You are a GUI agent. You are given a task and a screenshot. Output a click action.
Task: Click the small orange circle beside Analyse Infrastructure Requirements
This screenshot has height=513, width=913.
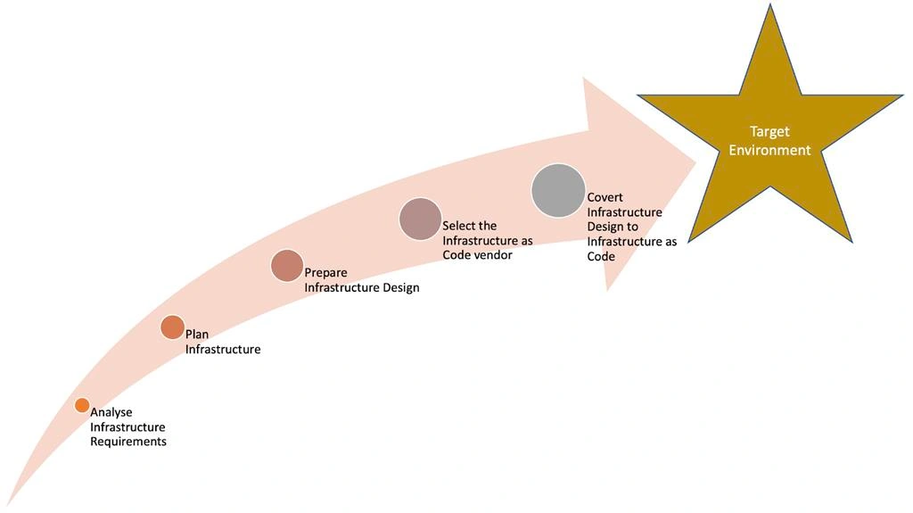click(82, 405)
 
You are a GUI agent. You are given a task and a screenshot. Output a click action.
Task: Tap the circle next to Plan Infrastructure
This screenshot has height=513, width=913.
click(172, 327)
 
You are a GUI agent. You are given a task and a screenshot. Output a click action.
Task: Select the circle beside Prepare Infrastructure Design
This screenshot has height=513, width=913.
click(287, 266)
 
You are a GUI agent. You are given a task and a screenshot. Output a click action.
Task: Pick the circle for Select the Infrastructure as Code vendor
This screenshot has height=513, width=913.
click(420, 219)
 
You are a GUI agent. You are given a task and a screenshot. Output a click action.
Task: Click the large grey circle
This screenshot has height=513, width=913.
click(558, 191)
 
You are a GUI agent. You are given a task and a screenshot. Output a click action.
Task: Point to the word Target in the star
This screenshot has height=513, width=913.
click(769, 132)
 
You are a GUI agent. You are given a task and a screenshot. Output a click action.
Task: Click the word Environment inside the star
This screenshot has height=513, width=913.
click(769, 151)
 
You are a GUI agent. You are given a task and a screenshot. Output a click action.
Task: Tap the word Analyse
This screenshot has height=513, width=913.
click(111, 413)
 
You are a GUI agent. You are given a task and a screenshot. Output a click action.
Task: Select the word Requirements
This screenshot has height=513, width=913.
click(128, 442)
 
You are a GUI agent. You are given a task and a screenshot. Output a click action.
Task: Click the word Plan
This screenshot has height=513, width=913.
click(197, 335)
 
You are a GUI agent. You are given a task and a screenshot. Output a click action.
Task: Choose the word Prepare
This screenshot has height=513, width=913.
click(326, 273)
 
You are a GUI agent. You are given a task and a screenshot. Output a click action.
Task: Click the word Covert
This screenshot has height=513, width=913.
click(605, 198)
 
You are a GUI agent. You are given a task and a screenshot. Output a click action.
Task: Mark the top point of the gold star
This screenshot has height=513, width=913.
click(770, 4)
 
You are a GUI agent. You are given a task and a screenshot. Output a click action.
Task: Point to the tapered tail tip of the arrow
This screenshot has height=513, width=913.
click(7, 505)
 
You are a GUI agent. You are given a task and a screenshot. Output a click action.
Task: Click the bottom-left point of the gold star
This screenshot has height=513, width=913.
click(689, 241)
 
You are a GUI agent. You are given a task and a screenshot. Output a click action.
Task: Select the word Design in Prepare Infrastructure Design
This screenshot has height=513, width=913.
click(401, 288)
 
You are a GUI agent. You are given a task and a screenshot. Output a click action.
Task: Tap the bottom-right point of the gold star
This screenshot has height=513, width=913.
click(851, 241)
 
